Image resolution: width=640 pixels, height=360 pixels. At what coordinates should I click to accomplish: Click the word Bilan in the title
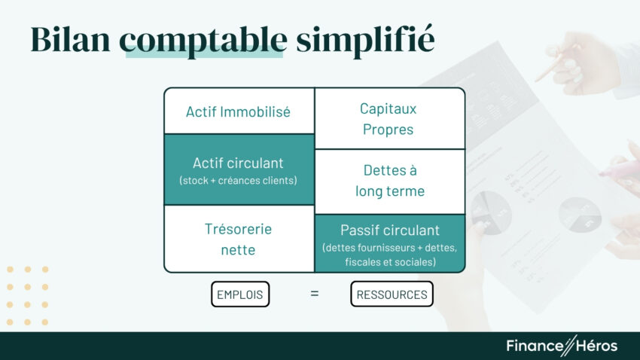[70, 39]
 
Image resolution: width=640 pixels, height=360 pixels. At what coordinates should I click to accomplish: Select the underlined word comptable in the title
[203, 39]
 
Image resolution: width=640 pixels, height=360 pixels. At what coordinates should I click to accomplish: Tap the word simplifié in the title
[364, 39]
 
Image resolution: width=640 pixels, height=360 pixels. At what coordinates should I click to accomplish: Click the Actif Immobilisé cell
[238, 112]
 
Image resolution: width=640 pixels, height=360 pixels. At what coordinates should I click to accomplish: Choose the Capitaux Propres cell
[389, 118]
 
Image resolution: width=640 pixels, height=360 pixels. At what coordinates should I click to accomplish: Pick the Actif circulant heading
[238, 163]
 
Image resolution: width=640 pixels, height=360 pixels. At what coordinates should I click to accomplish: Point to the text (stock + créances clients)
[238, 181]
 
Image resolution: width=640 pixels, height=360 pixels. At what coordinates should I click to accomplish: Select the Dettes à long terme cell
[389, 181]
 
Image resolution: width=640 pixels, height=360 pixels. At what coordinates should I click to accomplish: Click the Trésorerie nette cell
[238, 239]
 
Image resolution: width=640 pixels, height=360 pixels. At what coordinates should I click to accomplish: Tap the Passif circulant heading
[389, 230]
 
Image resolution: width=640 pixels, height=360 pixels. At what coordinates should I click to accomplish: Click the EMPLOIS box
[240, 294]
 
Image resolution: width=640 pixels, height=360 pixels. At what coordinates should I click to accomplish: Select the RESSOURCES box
[392, 294]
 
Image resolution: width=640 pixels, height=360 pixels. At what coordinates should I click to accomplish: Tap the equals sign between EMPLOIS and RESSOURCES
[315, 294]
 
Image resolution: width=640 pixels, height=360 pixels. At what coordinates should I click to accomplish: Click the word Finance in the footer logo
[534, 346]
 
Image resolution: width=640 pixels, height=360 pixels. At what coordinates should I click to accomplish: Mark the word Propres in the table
[388, 129]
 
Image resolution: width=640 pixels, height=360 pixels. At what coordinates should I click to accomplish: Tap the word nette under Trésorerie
[238, 249]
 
